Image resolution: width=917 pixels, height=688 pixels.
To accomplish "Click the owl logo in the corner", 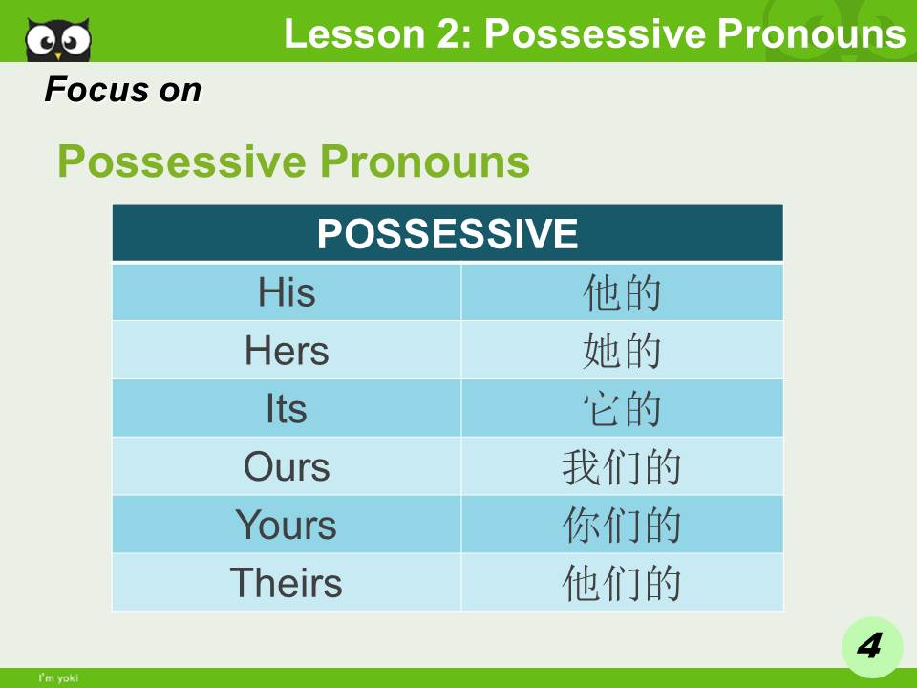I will coord(58,39).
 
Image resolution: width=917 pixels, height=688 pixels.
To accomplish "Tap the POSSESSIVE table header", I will coord(447,233).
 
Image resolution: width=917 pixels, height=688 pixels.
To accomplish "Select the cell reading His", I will coord(287,292).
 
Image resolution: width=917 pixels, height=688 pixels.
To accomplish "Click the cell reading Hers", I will coord(287,351).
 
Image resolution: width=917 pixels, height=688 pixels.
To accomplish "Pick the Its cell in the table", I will coord(287,409).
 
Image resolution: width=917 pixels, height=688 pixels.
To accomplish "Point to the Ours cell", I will coord(287,467).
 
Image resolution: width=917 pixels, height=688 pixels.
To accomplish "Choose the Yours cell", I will coord(287,526).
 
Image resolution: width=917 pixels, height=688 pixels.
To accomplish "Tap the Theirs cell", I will coord(287,583).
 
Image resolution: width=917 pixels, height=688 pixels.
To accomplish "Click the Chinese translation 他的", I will coord(622,292).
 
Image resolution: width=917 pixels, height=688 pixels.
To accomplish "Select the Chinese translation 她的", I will coord(622,351).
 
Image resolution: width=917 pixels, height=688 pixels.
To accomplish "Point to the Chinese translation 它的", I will coord(622,409).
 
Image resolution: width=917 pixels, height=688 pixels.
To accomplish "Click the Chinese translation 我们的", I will coord(622,467).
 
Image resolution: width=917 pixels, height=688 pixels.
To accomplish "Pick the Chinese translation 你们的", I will coord(622,526).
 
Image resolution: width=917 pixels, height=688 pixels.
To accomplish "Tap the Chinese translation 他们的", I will coord(622,583).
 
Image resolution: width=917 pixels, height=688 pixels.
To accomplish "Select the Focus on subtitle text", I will coord(123,91).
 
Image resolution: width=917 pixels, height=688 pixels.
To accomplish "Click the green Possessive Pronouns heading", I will coord(293,161).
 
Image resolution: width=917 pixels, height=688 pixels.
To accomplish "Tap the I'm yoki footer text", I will coord(58,678).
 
